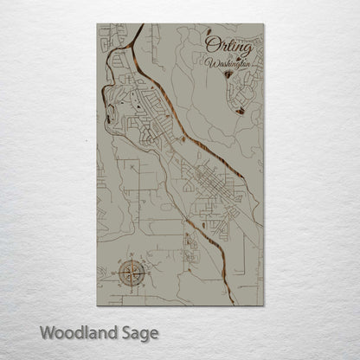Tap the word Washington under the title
229,63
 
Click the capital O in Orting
210,44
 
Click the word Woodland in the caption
76,331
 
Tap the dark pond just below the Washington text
227,76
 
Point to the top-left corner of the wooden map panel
98,24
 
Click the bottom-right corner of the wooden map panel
263,305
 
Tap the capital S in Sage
124,331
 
